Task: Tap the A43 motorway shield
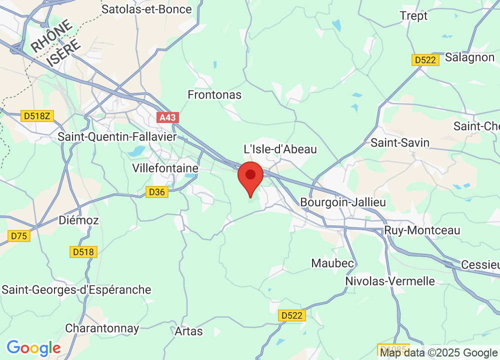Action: point(167,117)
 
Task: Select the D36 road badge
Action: point(157,191)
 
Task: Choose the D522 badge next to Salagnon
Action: point(425,60)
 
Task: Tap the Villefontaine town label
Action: point(165,168)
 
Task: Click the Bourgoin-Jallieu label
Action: point(343,202)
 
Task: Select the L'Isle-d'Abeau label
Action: point(280,149)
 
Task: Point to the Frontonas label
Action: point(214,94)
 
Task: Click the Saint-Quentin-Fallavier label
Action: point(117,136)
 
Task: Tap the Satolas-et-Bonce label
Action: point(146,9)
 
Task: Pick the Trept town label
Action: point(414,16)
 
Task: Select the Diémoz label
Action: point(78,220)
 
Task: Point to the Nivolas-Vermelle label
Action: point(390,281)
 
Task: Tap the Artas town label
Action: point(189,331)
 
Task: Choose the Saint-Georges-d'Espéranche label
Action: point(76,289)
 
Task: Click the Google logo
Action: point(33,347)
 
